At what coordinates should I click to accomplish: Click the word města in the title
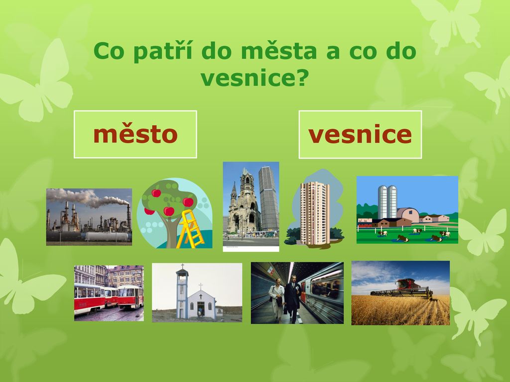pyautogui.click(x=279, y=51)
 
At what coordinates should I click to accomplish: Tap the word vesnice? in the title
pyautogui.click(x=255, y=78)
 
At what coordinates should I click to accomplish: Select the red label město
pyautogui.click(x=135, y=134)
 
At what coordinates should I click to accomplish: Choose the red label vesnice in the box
pyautogui.click(x=360, y=134)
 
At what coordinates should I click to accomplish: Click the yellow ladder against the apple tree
pyautogui.click(x=190, y=229)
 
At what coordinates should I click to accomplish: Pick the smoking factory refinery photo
pyautogui.click(x=89, y=217)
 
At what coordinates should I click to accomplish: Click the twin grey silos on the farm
pyautogui.click(x=387, y=202)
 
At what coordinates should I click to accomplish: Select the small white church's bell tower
pyautogui.click(x=182, y=290)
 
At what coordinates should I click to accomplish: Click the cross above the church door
pyautogui.click(x=201, y=296)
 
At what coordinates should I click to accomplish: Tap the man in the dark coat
pyautogui.click(x=293, y=299)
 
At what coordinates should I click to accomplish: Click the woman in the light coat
pyautogui.click(x=277, y=299)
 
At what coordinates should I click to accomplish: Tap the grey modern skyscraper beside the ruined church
pyautogui.click(x=268, y=198)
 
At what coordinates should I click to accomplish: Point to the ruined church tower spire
pyautogui.click(x=234, y=191)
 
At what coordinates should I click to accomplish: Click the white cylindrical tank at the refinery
pyautogui.click(x=108, y=236)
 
